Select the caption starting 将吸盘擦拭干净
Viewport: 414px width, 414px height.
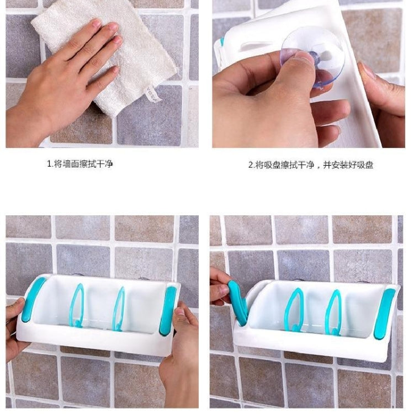click(x=314, y=164)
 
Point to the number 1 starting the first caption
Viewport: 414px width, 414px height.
click(x=48, y=164)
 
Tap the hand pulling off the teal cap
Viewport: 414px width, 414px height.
click(x=221, y=287)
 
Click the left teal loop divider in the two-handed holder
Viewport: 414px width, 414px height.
click(x=77, y=306)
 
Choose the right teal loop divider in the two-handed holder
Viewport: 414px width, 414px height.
click(x=119, y=309)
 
